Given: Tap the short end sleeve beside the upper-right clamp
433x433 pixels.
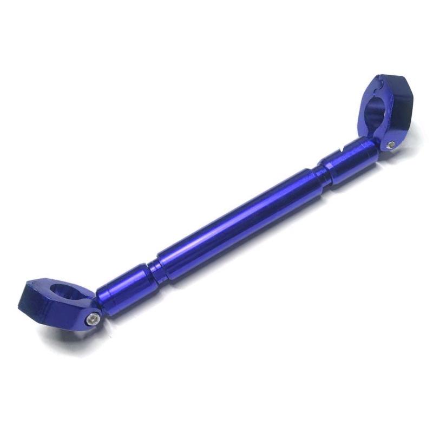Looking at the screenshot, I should [349, 160].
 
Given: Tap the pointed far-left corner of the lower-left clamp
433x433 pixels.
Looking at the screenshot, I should [21, 303].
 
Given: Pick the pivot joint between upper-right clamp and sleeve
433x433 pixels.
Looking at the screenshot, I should [379, 142].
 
